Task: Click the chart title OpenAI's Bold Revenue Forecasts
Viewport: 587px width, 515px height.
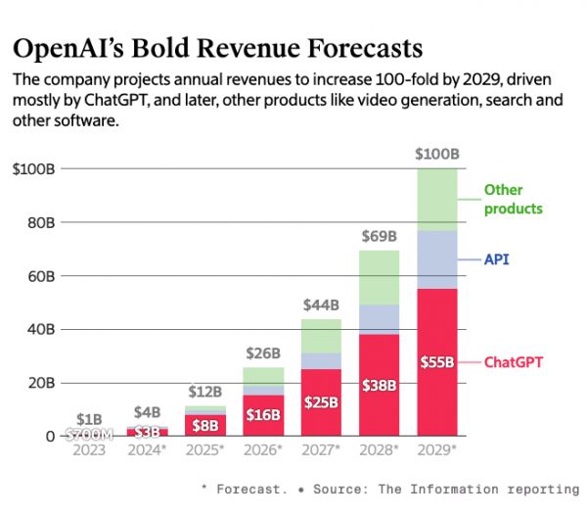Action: [217, 48]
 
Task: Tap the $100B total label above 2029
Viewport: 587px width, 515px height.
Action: [437, 155]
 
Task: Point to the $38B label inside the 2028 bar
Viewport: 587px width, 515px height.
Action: [379, 385]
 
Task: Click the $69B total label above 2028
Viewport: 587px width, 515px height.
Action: [379, 236]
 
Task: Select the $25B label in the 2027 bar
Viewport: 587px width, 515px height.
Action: [321, 402]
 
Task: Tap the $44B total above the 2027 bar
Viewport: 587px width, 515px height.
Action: [321, 304]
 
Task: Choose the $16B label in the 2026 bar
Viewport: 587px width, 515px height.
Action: [262, 415]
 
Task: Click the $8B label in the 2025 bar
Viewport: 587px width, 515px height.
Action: [204, 426]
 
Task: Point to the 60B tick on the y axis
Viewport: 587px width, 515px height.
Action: [40, 276]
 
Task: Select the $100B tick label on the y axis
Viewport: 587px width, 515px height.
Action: [34, 169]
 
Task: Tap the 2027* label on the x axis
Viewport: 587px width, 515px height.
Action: [321, 449]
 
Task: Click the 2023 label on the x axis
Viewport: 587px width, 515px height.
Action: [88, 449]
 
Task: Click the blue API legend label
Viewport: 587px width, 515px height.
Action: [496, 260]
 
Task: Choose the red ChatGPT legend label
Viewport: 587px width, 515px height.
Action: [514, 362]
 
